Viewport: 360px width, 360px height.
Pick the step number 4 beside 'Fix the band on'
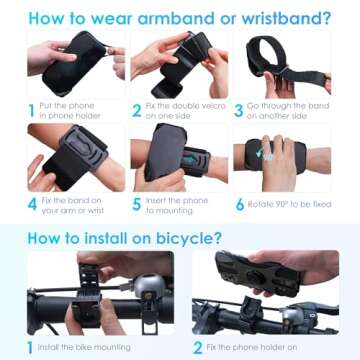point(31,207)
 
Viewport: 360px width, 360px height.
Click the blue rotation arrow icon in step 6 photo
point(262,153)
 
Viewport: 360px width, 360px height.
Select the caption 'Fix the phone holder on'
point(255,349)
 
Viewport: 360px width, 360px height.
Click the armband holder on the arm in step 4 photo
point(75,157)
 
